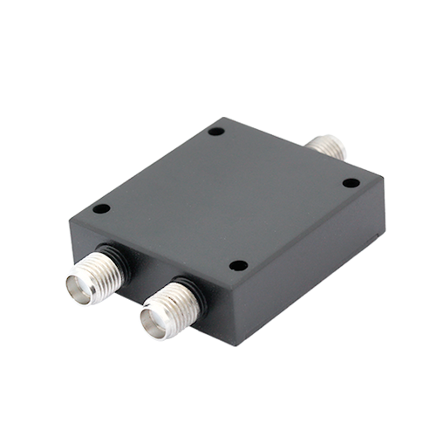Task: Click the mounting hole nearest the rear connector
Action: pyautogui.click(x=216, y=132)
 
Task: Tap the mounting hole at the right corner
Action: pyautogui.click(x=351, y=183)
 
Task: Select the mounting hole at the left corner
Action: pyautogui.click(x=101, y=209)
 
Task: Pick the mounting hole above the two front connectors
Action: pyautogui.click(x=238, y=265)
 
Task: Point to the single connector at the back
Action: pyautogui.click(x=329, y=146)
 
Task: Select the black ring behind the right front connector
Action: pyautogui.click(x=187, y=287)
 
